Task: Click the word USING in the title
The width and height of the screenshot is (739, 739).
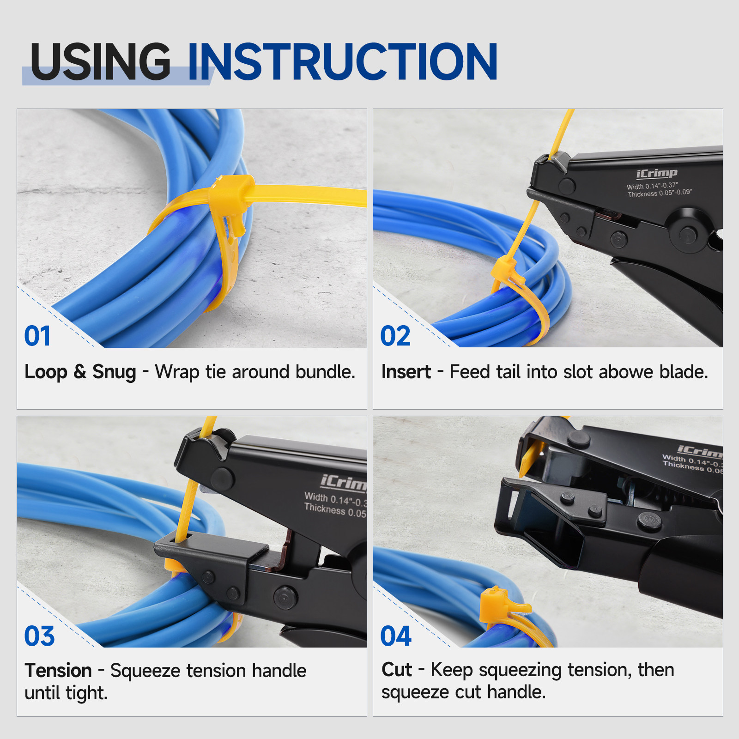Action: pyautogui.click(x=101, y=61)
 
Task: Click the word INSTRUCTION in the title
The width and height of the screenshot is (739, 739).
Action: pyautogui.click(x=343, y=61)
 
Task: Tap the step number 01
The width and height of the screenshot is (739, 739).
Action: pyautogui.click(x=37, y=336)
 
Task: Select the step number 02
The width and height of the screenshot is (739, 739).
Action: pyautogui.click(x=395, y=336)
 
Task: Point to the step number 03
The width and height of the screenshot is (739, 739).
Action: pyautogui.click(x=39, y=636)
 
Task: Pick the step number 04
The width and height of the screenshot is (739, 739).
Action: pyautogui.click(x=396, y=636)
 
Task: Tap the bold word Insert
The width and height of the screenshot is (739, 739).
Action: pyautogui.click(x=406, y=372)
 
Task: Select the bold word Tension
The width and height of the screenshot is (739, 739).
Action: pyautogui.click(x=58, y=671)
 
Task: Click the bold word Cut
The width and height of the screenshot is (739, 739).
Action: pyautogui.click(x=396, y=670)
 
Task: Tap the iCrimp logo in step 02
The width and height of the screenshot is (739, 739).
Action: pyautogui.click(x=656, y=174)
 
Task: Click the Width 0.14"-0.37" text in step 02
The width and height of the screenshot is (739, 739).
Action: pyautogui.click(x=652, y=186)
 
